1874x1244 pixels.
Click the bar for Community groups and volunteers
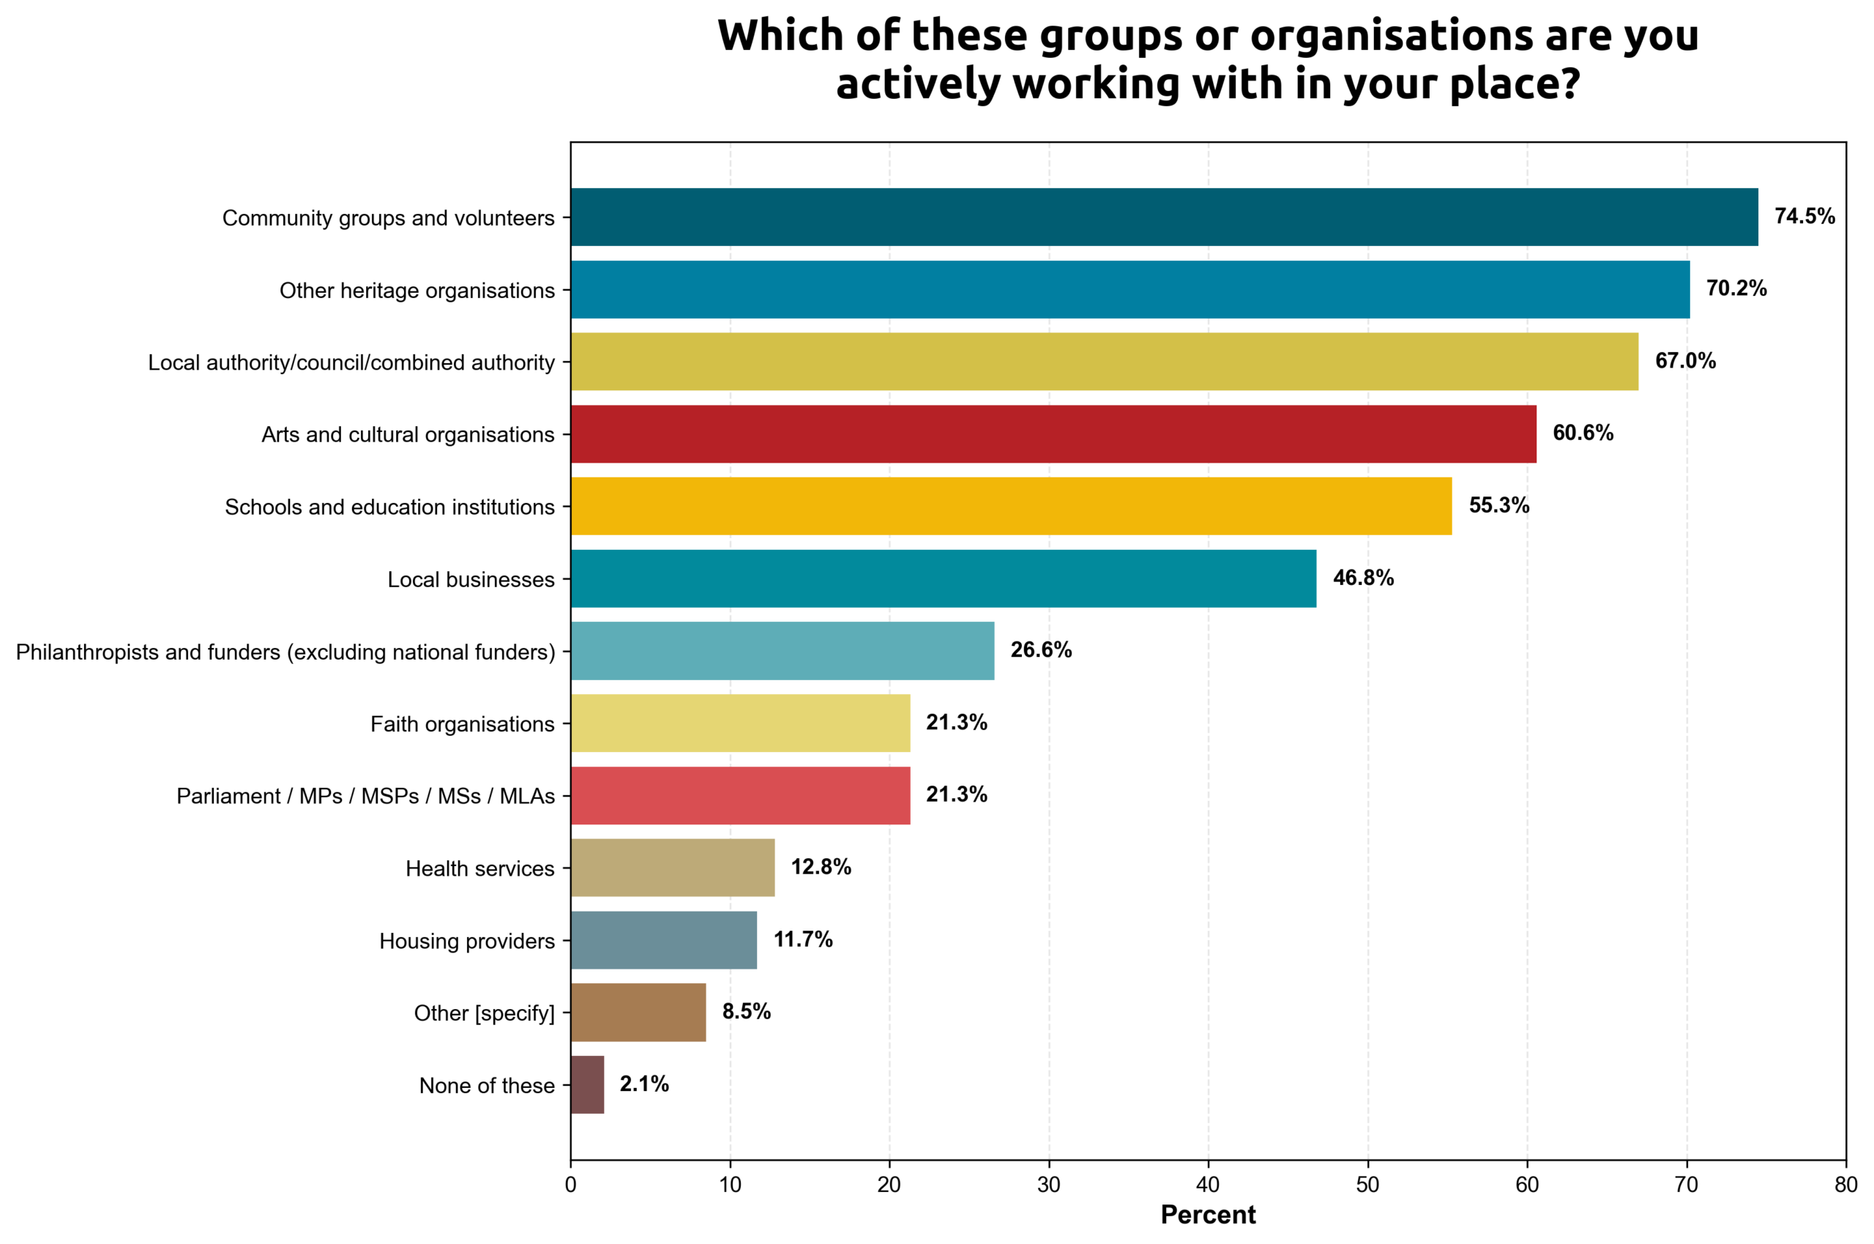point(1163,217)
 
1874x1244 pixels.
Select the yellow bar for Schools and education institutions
point(1010,506)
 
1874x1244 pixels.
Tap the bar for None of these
point(587,1084)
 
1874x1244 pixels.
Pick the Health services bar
point(672,868)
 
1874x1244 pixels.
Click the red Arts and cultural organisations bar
point(1053,434)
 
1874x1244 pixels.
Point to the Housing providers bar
point(663,940)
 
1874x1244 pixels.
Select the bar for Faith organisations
point(740,723)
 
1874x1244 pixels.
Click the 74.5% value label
point(1804,217)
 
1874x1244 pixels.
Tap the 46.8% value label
point(1362,578)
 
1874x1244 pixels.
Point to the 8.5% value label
point(745,1012)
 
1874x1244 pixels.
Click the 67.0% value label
point(1684,361)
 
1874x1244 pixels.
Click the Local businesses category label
point(470,580)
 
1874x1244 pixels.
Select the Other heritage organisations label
point(417,291)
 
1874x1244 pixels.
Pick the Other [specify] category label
point(484,1013)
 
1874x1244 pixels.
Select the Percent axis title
point(1208,1215)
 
